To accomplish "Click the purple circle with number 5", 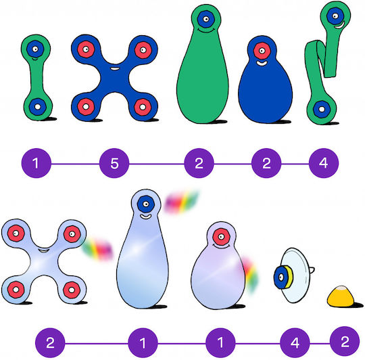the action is point(114,163).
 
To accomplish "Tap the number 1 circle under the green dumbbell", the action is point(36,163).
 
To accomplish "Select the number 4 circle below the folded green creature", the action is point(324,163).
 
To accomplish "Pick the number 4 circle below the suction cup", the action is point(295,343).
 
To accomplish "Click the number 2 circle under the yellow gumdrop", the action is point(345,341).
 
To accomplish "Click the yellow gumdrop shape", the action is point(340,296).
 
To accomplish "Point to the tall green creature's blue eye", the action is point(206,19).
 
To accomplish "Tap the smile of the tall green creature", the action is point(206,30).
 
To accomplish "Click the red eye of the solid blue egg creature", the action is point(262,51).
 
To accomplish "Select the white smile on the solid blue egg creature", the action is point(262,63).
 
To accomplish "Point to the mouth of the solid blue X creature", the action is point(114,68).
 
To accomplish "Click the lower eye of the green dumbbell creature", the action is point(37,107).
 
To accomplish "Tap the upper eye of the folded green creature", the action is point(335,16).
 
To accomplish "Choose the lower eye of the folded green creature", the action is point(322,109).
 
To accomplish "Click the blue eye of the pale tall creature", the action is point(146,204).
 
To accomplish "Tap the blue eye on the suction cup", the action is point(281,277).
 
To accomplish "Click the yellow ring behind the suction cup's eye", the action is point(289,277).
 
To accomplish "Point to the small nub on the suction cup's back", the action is point(312,270).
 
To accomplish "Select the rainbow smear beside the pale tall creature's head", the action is point(181,202).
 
